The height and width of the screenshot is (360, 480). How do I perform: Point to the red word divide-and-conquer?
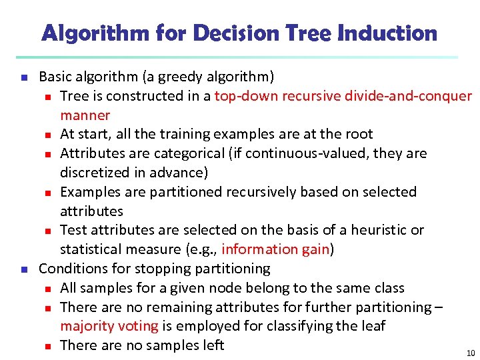(408, 96)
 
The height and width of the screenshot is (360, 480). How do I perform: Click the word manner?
(85, 115)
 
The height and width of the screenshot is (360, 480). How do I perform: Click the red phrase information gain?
(276, 249)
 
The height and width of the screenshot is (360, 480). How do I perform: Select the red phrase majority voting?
(109, 326)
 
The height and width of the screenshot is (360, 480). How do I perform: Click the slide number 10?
(471, 353)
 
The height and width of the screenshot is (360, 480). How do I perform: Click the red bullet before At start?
(48, 135)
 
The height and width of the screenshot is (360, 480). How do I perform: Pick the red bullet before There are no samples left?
(48, 346)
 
